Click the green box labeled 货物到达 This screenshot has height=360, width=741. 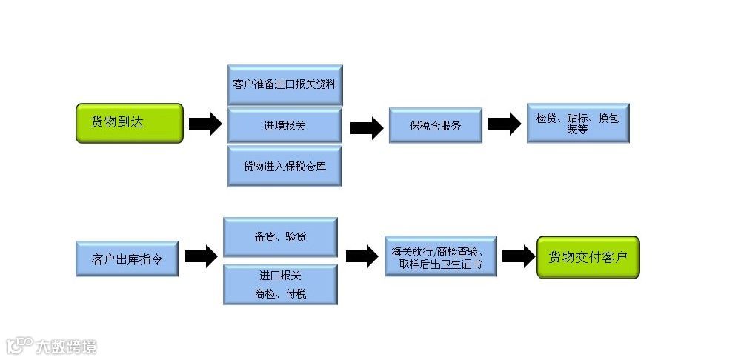(x=129, y=123)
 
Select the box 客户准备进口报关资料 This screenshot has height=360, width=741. (x=285, y=84)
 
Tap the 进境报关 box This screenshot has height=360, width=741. (x=285, y=125)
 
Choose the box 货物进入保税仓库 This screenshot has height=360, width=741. (x=285, y=166)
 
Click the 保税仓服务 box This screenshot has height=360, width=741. (x=436, y=125)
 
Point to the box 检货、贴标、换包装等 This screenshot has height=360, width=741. (x=578, y=123)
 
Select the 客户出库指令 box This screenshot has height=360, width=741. (x=127, y=259)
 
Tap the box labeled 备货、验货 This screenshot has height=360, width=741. (x=280, y=237)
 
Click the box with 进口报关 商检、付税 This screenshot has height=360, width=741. (x=280, y=284)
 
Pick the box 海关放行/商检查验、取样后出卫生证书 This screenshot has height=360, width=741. (x=440, y=256)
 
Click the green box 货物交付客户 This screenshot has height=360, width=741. (x=588, y=258)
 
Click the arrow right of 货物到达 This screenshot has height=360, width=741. (x=205, y=124)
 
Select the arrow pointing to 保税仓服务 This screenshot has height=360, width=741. (x=366, y=127)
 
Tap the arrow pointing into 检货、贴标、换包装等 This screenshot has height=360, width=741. (x=505, y=124)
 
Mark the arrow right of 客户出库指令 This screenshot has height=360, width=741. (x=200, y=257)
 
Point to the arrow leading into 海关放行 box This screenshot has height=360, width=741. (x=362, y=257)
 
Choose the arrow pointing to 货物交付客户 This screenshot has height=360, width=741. (x=518, y=256)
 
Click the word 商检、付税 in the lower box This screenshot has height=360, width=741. (x=280, y=294)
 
